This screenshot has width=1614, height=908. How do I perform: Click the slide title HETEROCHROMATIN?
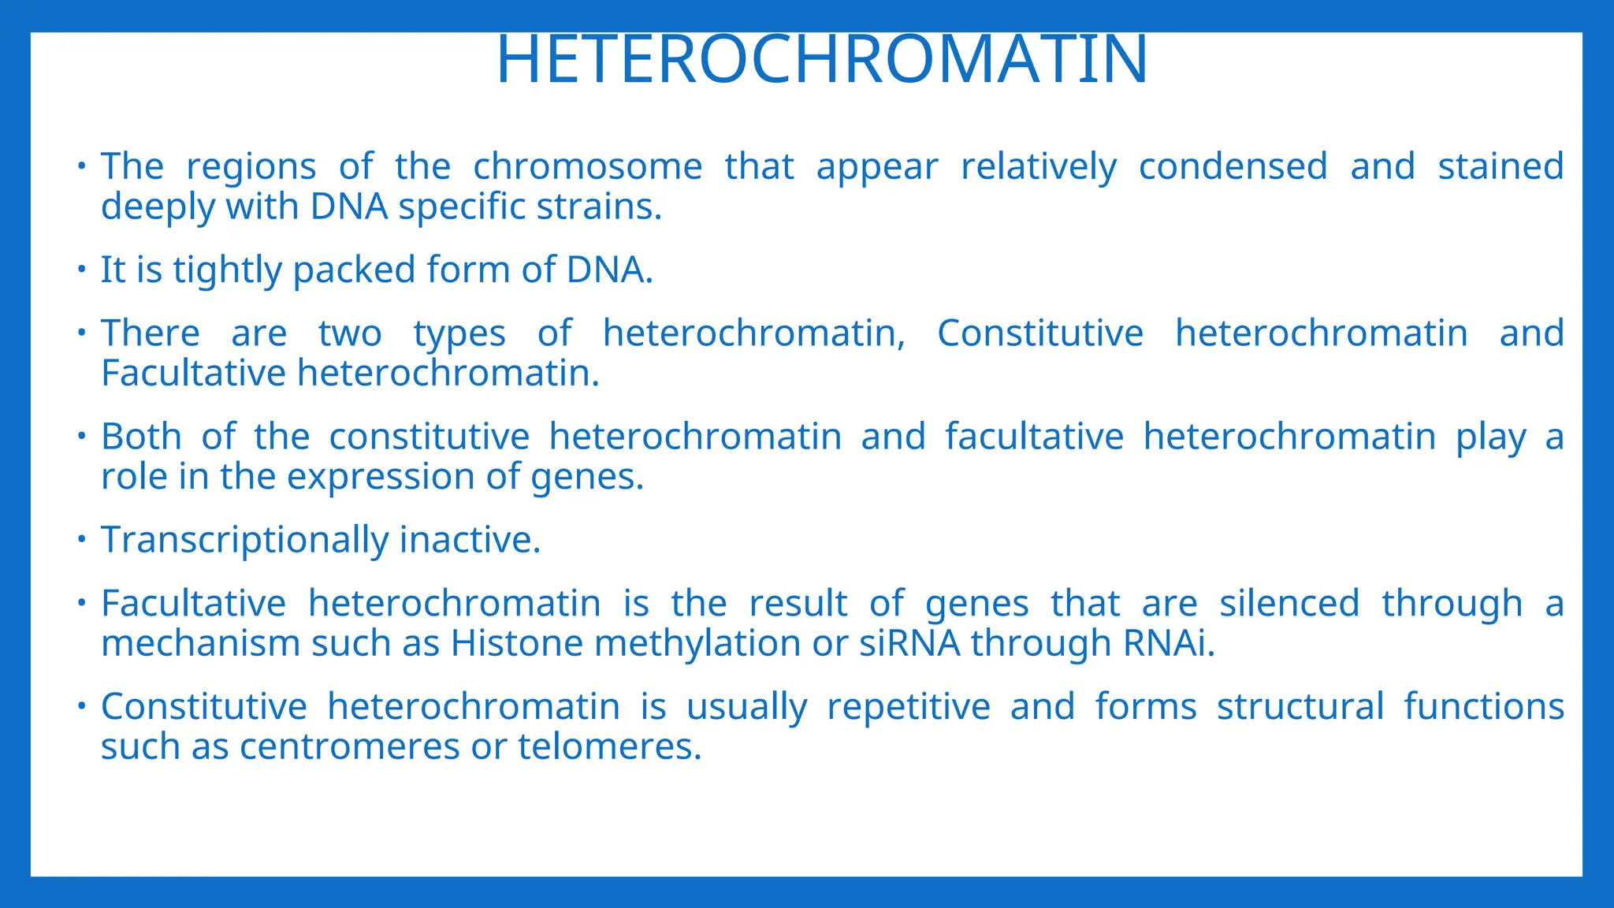click(821, 60)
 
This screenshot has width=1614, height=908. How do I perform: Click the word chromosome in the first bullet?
click(587, 166)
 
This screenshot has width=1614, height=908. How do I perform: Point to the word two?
click(350, 333)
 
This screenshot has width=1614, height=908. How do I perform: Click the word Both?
click(140, 437)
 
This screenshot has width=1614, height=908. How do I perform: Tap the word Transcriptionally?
click(244, 541)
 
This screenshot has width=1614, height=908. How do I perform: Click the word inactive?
click(470, 541)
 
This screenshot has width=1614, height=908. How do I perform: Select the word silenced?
click(1289, 604)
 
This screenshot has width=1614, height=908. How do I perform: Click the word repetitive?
click(908, 707)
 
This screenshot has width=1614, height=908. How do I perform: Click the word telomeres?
click(608, 747)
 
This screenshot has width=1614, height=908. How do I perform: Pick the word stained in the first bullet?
click(1501, 166)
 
